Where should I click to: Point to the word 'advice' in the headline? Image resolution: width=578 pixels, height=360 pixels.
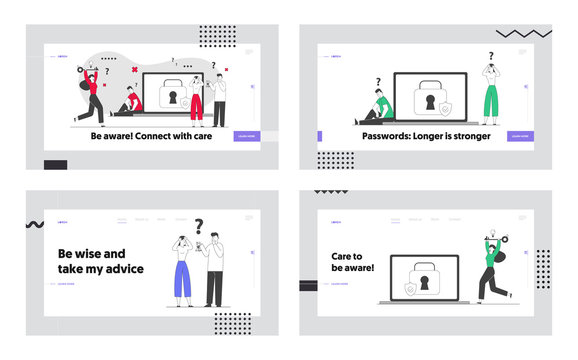click(x=119, y=268)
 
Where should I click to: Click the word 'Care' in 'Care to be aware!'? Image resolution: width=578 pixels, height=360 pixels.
click(x=345, y=256)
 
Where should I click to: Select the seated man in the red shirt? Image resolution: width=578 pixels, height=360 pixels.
click(x=127, y=101)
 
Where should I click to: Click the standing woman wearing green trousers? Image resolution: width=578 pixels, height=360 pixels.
click(x=490, y=100)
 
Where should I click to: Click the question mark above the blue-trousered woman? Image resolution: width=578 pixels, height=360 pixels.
click(x=199, y=226)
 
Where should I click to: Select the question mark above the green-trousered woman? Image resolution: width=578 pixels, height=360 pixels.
click(x=491, y=57)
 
